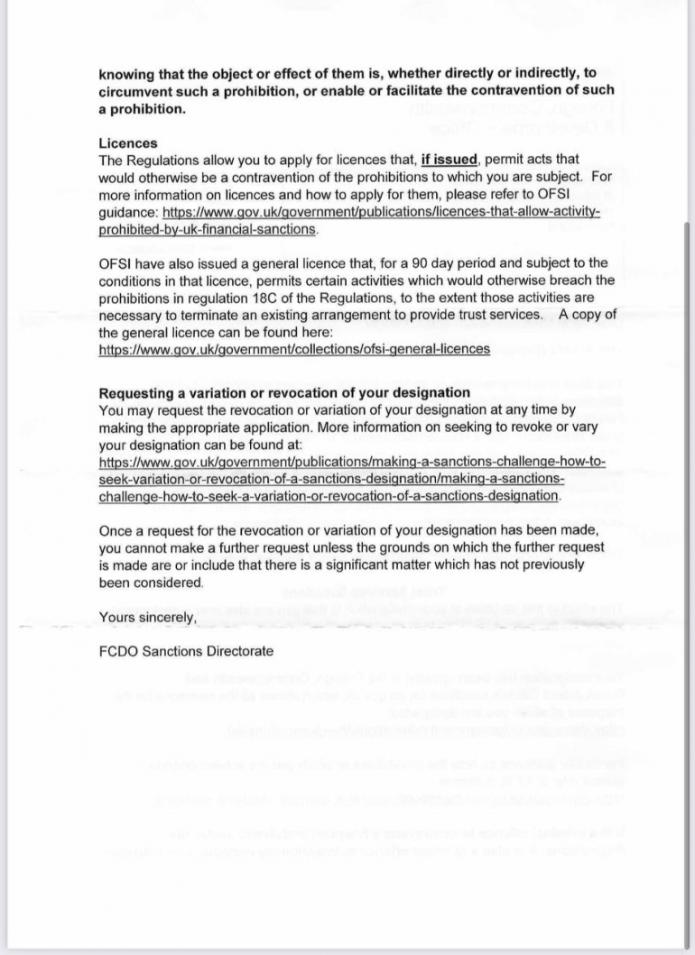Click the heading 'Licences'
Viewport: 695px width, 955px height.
pos(127,143)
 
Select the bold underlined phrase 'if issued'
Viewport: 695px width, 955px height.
pos(449,161)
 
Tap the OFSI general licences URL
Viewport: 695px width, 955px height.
pos(294,348)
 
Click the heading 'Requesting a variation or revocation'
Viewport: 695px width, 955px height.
pos(283,393)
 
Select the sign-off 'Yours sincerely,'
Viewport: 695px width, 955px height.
pos(147,617)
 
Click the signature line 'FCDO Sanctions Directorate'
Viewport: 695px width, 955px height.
pos(186,651)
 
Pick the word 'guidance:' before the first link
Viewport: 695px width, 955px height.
pos(128,212)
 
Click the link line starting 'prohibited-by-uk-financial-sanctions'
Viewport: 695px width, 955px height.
pos(208,229)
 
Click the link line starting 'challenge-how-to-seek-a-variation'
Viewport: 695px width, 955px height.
pos(329,496)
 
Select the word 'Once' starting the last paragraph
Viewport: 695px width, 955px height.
pos(115,531)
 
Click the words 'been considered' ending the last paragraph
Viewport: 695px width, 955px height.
pos(151,583)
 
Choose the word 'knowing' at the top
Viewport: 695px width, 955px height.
pos(126,73)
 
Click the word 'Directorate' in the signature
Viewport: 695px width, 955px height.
pos(237,651)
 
